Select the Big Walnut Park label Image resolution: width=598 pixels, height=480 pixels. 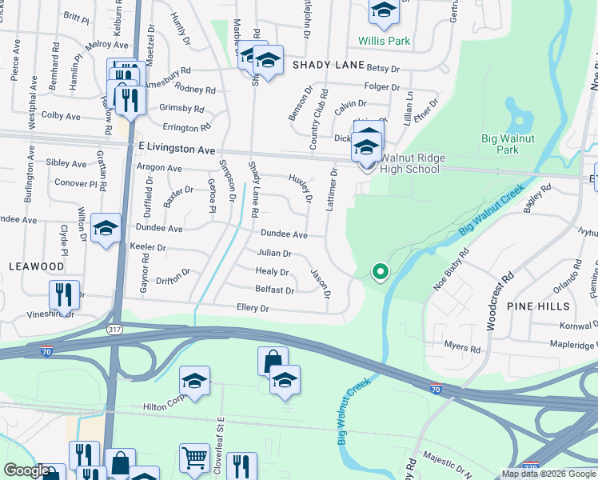pos(512,144)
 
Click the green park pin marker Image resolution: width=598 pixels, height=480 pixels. pos(381,272)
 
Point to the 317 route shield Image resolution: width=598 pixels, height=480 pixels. pos(115,328)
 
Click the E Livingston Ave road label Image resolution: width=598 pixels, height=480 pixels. pos(177,149)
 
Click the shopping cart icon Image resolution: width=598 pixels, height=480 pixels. pos(194,458)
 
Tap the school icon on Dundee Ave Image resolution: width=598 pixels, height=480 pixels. pos(106,229)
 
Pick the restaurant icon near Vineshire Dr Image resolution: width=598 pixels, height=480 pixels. pos(64,294)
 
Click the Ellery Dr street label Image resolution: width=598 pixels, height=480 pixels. pos(252,308)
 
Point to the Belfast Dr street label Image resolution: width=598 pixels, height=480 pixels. pos(274,290)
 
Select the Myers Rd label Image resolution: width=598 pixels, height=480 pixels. pos(464,349)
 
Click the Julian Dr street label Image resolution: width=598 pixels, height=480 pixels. pos(273,253)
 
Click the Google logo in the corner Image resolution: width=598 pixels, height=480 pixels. pos(26,470)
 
